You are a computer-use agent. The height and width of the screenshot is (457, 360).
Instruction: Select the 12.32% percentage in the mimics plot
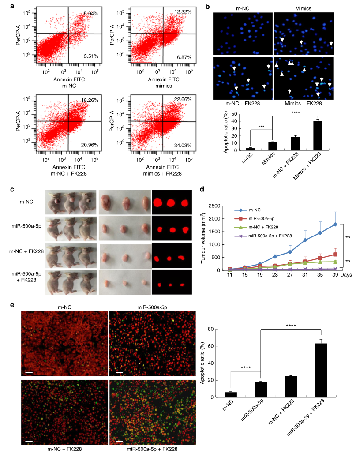tap(183, 11)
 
